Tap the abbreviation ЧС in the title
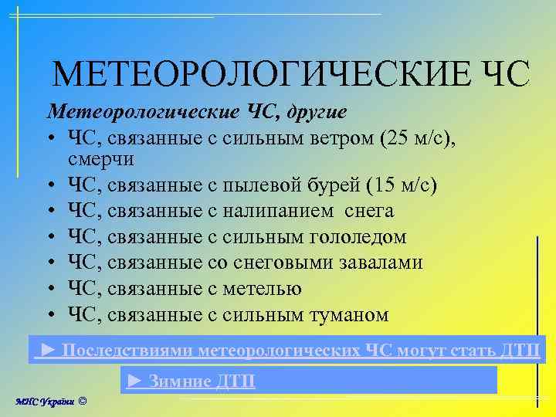coord(506,75)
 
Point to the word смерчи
coord(101,159)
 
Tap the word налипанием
coord(278,211)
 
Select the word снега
coord(368,211)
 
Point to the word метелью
coord(262,289)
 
